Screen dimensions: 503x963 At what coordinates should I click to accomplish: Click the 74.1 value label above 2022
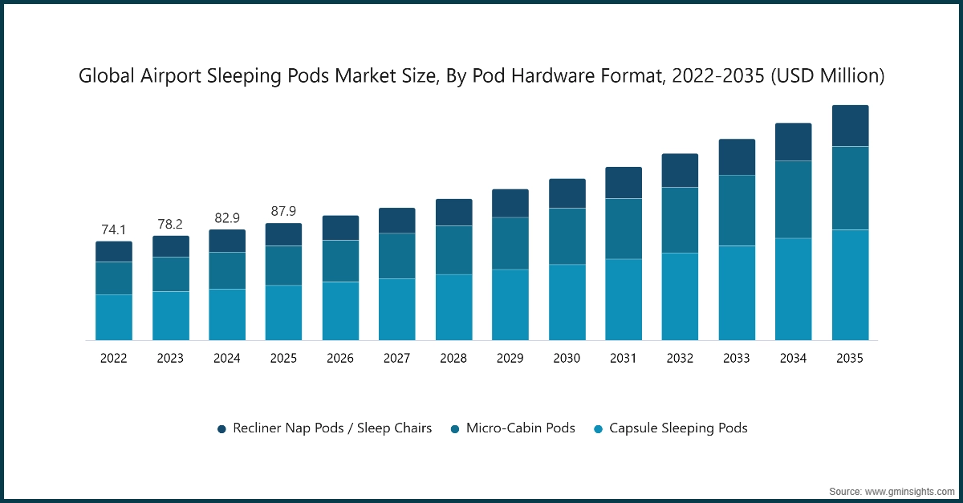[114, 230]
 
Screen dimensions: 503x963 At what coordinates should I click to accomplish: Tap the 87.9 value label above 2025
[283, 212]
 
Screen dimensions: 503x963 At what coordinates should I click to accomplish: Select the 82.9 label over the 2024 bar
[227, 218]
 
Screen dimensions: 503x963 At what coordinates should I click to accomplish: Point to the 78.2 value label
[170, 225]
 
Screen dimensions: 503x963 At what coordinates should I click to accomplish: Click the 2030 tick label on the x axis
[567, 359]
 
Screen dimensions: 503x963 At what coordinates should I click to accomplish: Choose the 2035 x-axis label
[849, 359]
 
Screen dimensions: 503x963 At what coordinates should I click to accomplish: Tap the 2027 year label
[396, 359]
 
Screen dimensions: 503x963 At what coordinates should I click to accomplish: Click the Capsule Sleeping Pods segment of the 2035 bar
[850, 285]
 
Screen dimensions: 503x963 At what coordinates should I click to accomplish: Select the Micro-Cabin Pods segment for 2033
[737, 210]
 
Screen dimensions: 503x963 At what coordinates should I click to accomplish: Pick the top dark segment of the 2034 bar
[793, 142]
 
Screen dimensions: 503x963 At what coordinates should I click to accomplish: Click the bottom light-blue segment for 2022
[114, 317]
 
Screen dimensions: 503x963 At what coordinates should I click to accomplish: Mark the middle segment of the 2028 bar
[453, 250]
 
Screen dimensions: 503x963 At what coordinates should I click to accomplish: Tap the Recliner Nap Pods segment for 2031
[624, 183]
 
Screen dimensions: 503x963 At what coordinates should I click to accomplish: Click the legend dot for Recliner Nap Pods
[221, 429]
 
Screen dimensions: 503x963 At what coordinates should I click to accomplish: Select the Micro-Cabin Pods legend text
[520, 428]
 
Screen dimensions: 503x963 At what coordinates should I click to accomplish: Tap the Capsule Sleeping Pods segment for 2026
[340, 310]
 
